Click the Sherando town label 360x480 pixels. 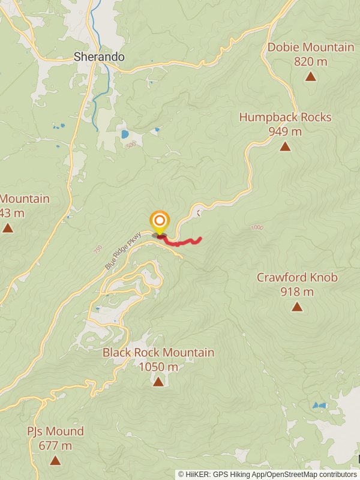(99, 57)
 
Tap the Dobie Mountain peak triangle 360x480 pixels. (310, 76)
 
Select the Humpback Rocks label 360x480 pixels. (285, 117)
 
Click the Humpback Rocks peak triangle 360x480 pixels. (285, 146)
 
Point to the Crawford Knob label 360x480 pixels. (297, 277)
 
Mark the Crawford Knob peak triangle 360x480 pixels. (297, 307)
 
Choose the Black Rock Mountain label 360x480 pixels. (158, 352)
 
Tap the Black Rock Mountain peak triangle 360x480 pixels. (158, 382)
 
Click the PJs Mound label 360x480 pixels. (55, 431)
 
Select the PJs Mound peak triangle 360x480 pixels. (55, 461)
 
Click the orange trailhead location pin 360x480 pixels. (160, 222)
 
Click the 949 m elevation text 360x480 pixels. (285, 131)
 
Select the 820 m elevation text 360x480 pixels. (310, 61)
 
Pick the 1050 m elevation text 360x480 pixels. (158, 367)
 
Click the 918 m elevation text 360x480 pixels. (297, 292)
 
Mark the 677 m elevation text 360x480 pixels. (55, 446)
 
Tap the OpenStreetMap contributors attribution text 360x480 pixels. (312, 474)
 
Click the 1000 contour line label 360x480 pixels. (257, 227)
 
